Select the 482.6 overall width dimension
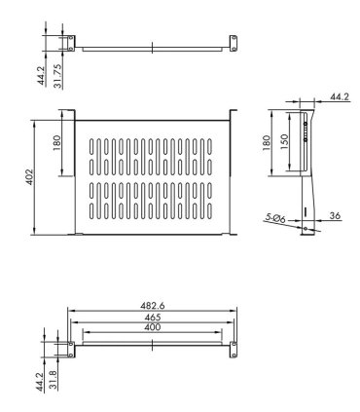[x=152, y=306]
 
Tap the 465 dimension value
[x=152, y=318]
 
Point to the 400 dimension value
[x=152, y=328]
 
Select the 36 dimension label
[x=335, y=215]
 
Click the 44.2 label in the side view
[x=339, y=97]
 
